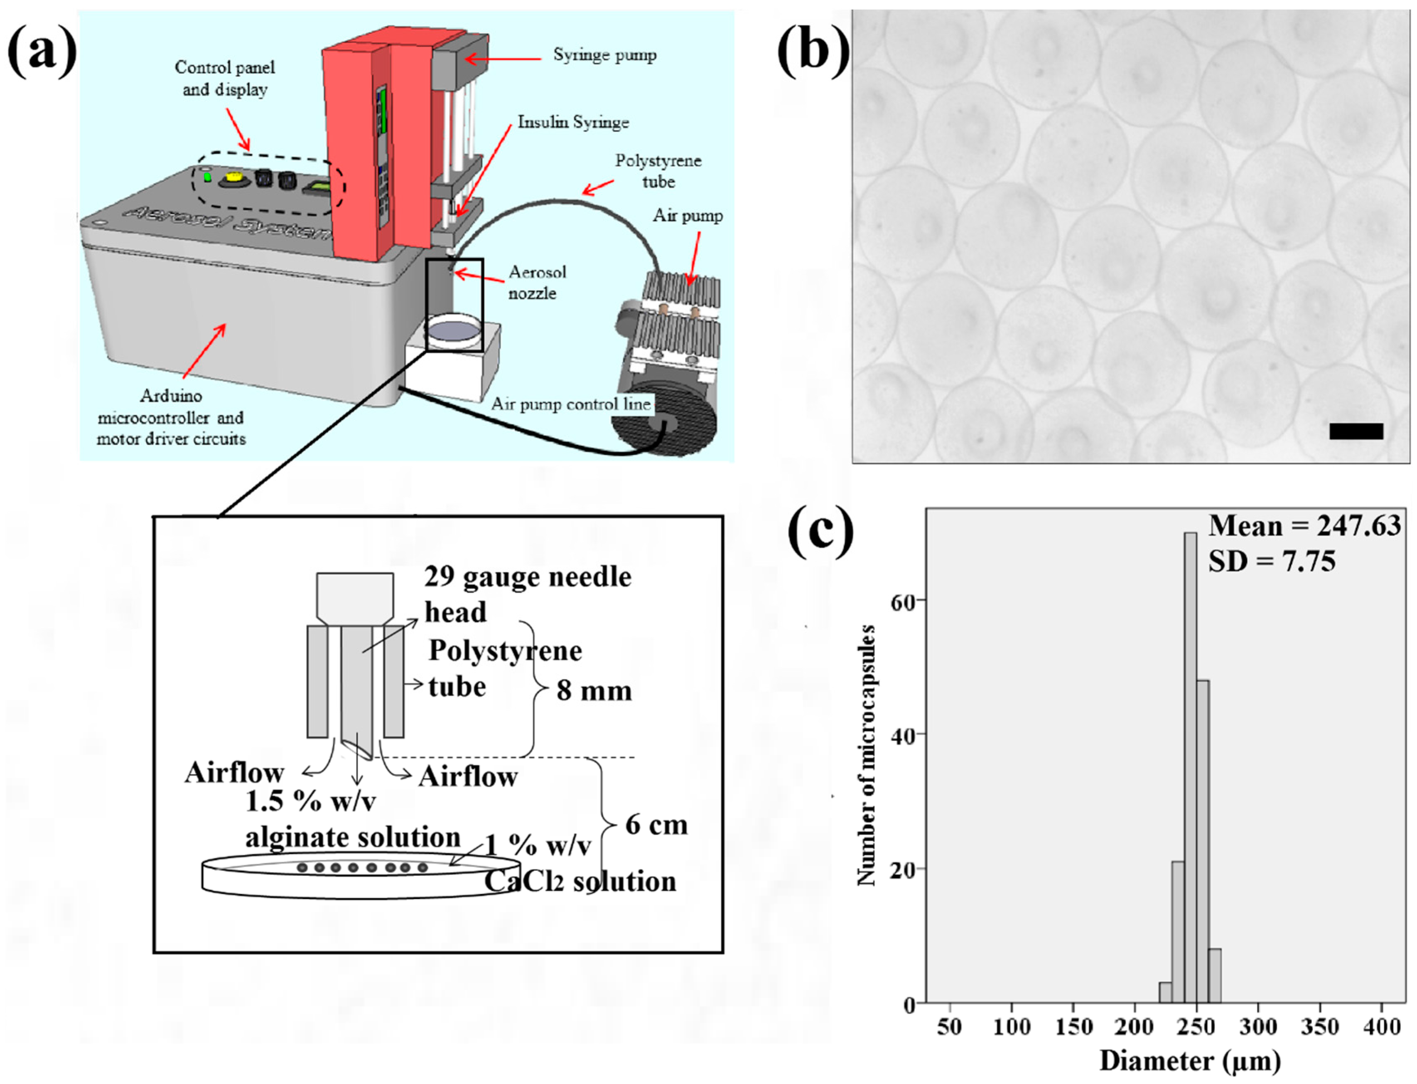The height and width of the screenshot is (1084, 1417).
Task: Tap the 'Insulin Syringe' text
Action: (x=573, y=122)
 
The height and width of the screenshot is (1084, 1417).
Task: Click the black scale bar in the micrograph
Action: (x=1356, y=431)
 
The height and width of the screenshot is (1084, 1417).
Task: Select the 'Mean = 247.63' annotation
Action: (x=1304, y=526)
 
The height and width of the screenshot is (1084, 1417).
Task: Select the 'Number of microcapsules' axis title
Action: (x=866, y=755)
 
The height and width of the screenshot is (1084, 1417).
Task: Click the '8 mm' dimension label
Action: (x=593, y=690)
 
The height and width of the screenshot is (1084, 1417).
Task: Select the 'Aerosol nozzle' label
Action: (x=537, y=282)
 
